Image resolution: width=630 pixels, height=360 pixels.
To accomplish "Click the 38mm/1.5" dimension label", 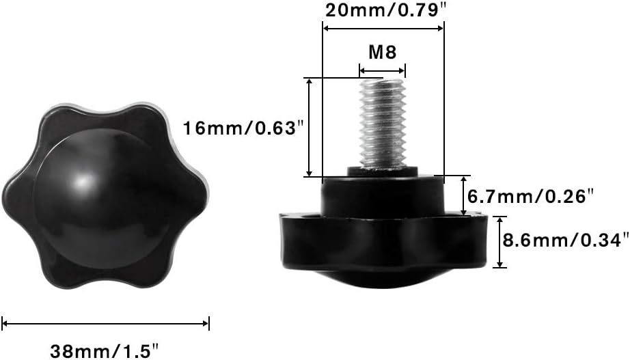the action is click(105, 350).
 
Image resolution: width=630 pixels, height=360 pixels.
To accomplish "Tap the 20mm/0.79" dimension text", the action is click(385, 10).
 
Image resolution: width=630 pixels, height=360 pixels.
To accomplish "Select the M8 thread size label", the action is click(383, 52).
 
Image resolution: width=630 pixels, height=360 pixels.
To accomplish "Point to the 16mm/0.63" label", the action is click(243, 128).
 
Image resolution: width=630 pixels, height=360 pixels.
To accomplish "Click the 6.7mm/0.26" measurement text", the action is click(530, 197).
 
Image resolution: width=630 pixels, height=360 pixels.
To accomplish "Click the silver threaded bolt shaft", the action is click(383, 123).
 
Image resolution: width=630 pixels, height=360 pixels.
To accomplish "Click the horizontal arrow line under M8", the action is click(382, 71).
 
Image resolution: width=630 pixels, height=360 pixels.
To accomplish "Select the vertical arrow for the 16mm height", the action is click(309, 127).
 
